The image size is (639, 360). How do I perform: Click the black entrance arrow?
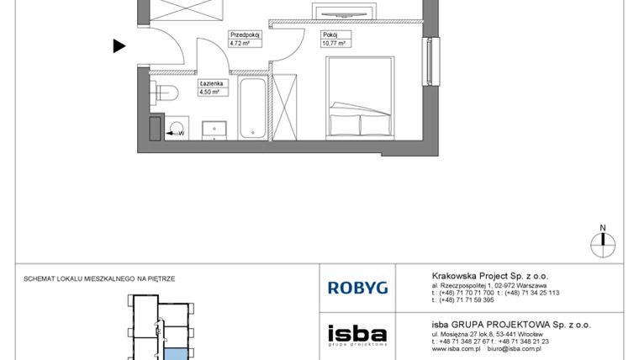click(119, 46)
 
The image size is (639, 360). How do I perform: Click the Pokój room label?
click(328, 35)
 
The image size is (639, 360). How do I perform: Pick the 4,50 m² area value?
click(209, 93)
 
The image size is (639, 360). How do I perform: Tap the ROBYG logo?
click(357, 288)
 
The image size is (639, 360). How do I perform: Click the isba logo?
click(357, 333)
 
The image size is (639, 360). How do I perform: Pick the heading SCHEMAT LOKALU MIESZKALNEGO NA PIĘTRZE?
click(100, 278)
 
